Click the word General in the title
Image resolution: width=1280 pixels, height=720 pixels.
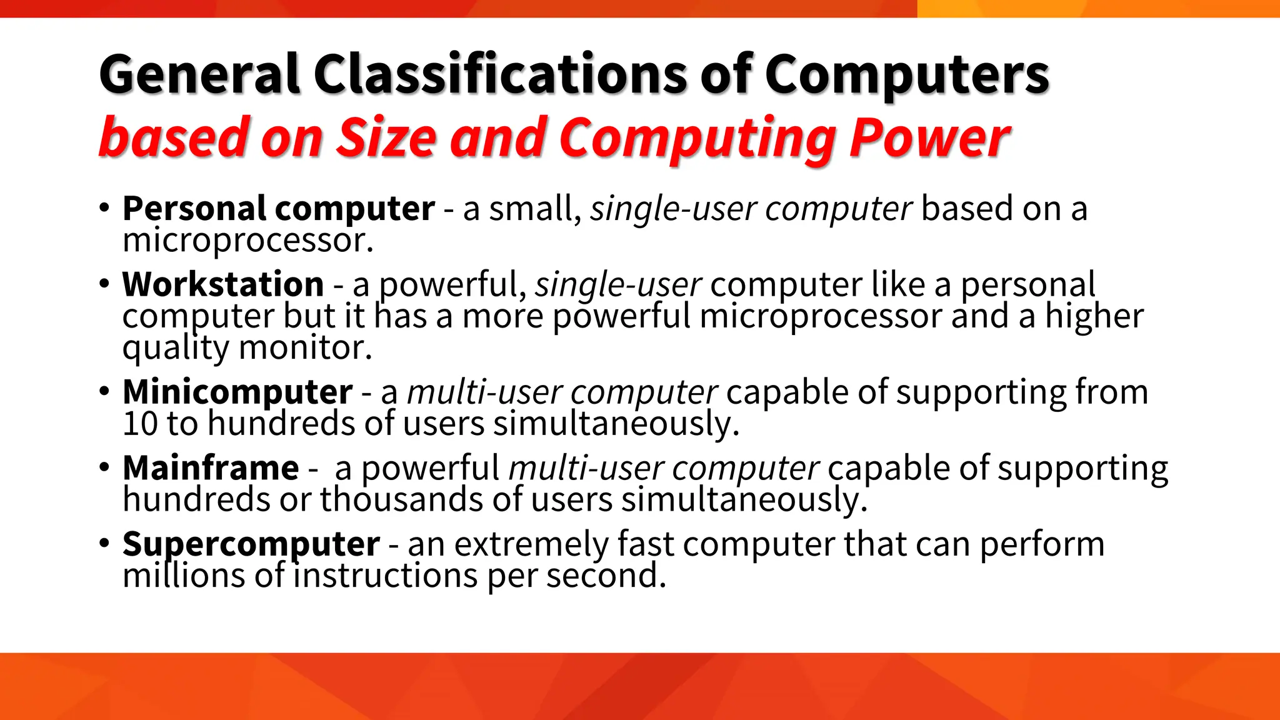[x=199, y=75]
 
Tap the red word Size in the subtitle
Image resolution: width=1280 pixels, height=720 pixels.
[x=386, y=137]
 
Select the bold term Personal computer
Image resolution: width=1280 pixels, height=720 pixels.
[x=278, y=208]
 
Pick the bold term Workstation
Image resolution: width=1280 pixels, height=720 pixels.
[x=223, y=284]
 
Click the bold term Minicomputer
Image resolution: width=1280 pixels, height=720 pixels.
[x=237, y=392]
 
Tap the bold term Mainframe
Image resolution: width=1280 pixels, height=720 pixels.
[x=211, y=468]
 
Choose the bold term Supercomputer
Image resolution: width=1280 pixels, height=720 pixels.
[x=251, y=544]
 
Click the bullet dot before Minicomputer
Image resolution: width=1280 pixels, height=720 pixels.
[x=104, y=392]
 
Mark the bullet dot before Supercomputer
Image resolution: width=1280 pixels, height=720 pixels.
[x=104, y=543]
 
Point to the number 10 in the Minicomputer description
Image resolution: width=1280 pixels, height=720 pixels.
[x=139, y=424]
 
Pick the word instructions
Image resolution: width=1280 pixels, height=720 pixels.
[x=385, y=576]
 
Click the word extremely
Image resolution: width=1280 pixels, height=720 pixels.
[x=531, y=544]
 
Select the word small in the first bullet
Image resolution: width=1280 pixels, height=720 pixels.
[x=534, y=209]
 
